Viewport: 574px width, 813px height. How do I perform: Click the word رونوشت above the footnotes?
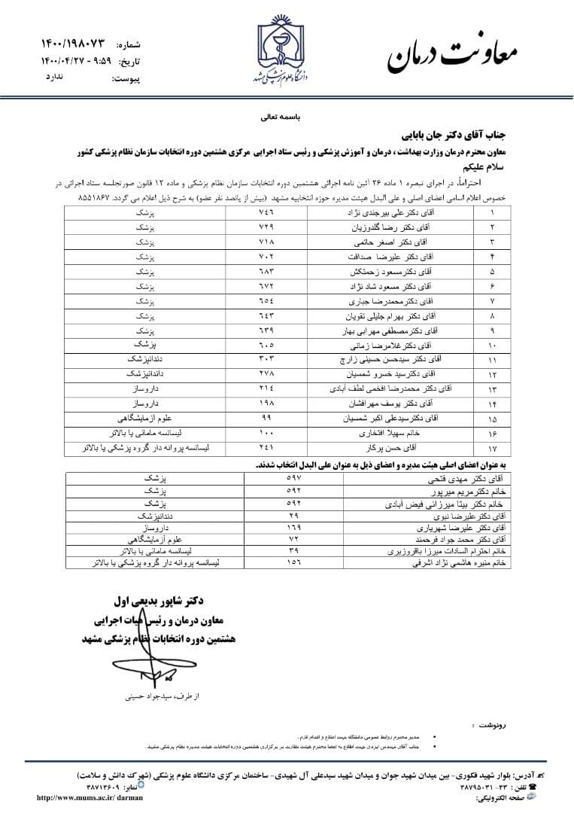click(488, 723)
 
